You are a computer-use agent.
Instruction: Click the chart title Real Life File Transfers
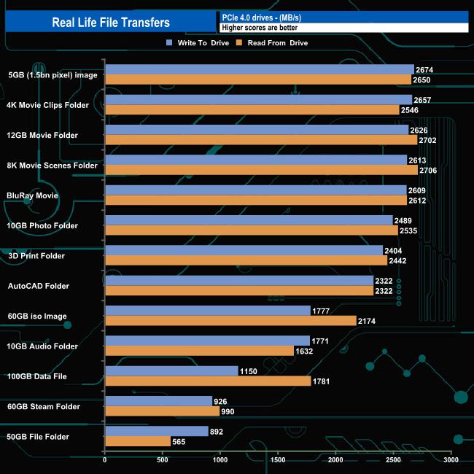[111, 23]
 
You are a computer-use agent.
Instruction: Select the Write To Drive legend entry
[197, 43]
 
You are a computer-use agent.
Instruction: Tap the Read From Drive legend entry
[271, 43]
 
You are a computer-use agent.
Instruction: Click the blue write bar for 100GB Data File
[171, 371]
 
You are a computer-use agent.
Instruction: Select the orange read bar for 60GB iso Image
[230, 321]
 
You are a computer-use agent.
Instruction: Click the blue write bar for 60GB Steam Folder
[158, 401]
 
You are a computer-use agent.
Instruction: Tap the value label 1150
[249, 371]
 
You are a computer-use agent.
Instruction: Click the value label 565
[181, 442]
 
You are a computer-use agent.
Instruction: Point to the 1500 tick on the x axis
[278, 460]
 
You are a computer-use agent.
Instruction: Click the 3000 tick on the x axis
[451, 460]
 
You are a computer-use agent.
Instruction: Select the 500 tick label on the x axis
[163, 460]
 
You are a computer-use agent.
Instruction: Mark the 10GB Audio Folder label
[42, 346]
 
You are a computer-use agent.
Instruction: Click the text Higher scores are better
[260, 28]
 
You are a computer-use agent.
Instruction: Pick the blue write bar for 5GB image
[260, 70]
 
